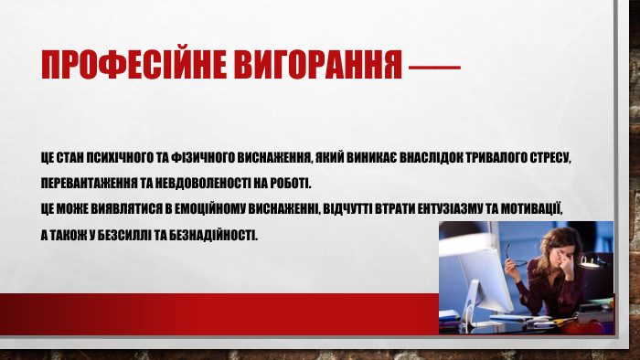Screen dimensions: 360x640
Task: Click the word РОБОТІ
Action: [289, 181]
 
